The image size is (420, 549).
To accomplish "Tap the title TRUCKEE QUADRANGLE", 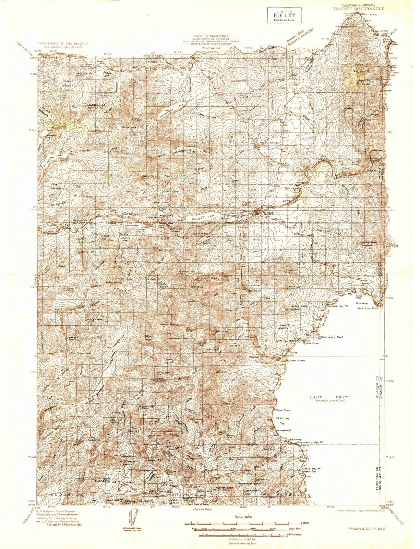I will click(358, 9).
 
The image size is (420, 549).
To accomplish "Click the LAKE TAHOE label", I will click(330, 397).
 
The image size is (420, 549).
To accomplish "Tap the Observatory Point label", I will click(332, 337).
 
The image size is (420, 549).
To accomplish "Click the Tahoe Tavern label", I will click(297, 360).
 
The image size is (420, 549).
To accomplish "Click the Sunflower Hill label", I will click(81, 353).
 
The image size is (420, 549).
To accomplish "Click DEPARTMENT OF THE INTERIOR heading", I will click(63, 44).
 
